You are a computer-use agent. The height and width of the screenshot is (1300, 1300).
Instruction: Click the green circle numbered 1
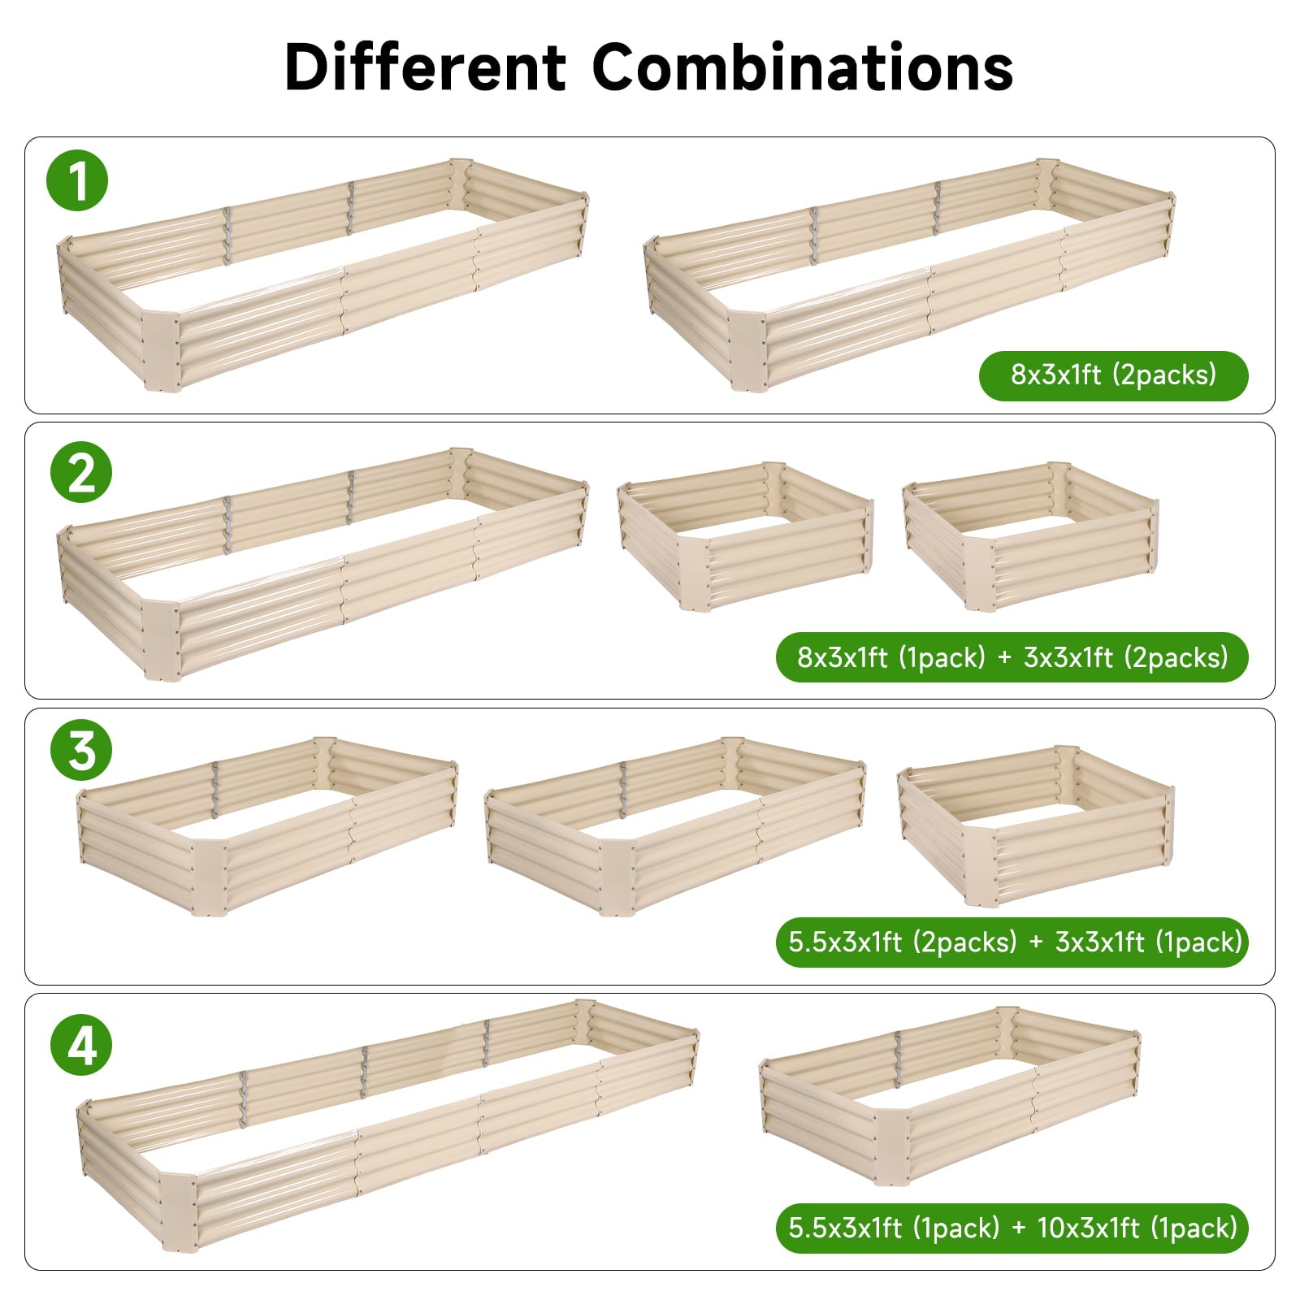point(78,180)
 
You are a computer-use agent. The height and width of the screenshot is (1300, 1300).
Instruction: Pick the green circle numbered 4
point(80,1045)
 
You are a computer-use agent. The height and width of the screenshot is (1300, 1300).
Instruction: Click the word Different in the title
point(425,67)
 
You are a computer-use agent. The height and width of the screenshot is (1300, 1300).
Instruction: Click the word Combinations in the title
point(802,67)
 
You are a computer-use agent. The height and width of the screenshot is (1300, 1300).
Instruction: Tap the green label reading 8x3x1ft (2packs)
point(1113,375)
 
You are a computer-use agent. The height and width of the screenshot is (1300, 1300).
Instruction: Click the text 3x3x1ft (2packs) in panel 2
point(1125,657)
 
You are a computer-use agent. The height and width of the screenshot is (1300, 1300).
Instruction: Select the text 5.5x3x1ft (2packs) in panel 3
point(902,942)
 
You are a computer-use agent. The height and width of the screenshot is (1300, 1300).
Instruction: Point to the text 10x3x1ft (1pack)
point(1137,1227)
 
